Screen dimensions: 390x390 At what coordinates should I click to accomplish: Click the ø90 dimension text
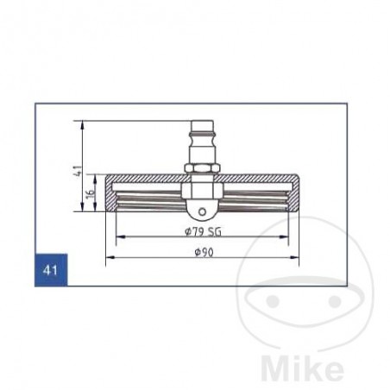point(201,251)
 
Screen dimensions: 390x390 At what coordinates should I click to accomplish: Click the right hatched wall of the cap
point(293,194)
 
